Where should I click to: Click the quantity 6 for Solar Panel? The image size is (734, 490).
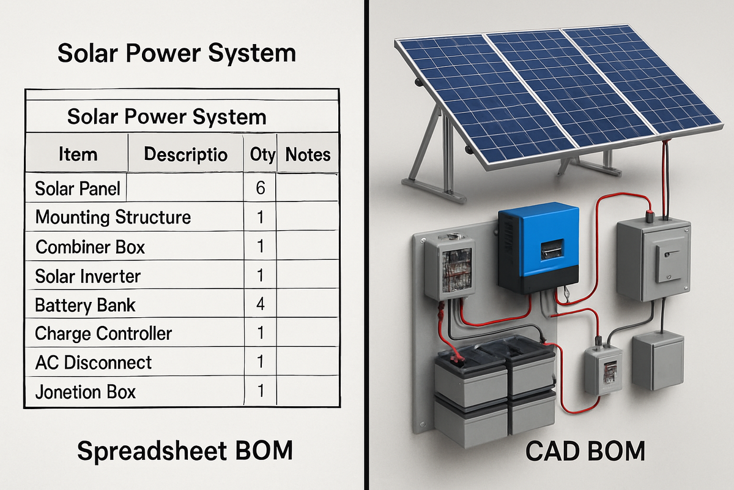coord(261,188)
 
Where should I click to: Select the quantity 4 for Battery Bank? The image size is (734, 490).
coord(261,304)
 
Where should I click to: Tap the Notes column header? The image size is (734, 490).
coord(308,154)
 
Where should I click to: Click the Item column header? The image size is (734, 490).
coord(78,154)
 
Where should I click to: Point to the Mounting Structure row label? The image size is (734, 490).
coord(113,217)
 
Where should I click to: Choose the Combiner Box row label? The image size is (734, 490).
coord(91,247)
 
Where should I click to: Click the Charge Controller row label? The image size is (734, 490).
coord(103,334)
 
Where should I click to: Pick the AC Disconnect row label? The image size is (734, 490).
coord(94,363)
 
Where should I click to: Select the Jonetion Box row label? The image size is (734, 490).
coord(86,392)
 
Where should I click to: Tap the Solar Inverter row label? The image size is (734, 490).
coord(88,276)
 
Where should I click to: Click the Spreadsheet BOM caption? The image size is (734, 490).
coord(185,451)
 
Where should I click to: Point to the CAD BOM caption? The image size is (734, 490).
coord(585,452)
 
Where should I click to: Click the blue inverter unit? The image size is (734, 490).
coord(538,251)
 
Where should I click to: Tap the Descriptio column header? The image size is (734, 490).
coord(185,154)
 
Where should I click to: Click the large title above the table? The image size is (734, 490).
coord(177,53)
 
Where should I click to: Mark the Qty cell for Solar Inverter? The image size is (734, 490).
coord(261,276)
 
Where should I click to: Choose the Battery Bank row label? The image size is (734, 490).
coord(85,305)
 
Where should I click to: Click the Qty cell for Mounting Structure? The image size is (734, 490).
coord(261,217)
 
